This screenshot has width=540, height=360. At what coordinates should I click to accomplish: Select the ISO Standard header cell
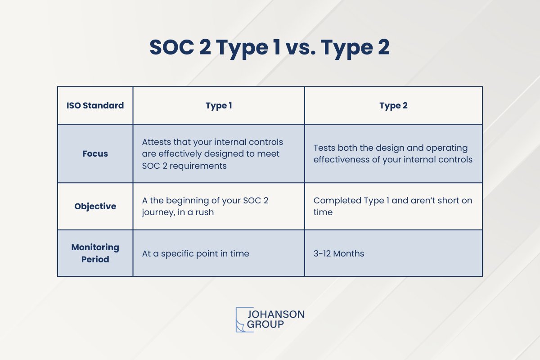(x=95, y=106)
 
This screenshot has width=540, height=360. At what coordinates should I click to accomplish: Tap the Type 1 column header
(x=219, y=106)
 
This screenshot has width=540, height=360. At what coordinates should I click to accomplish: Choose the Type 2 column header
(x=393, y=106)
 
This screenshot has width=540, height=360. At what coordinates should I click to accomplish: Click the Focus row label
(x=95, y=153)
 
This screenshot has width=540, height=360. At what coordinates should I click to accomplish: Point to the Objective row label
(x=95, y=207)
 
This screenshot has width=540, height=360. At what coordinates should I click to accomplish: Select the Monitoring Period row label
(x=95, y=253)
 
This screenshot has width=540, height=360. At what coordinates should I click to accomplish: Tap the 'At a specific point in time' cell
(x=195, y=254)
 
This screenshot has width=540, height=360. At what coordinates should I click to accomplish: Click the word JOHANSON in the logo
(x=276, y=314)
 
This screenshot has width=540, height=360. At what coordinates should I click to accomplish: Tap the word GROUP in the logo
(x=265, y=324)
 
